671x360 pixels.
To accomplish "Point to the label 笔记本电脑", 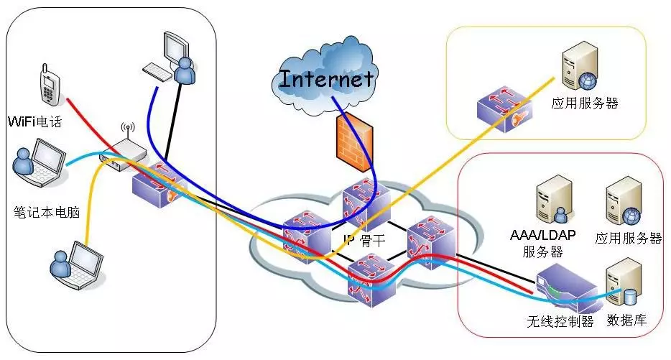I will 44,212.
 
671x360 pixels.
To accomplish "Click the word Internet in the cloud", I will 327,78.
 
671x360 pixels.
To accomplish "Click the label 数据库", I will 626,320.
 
